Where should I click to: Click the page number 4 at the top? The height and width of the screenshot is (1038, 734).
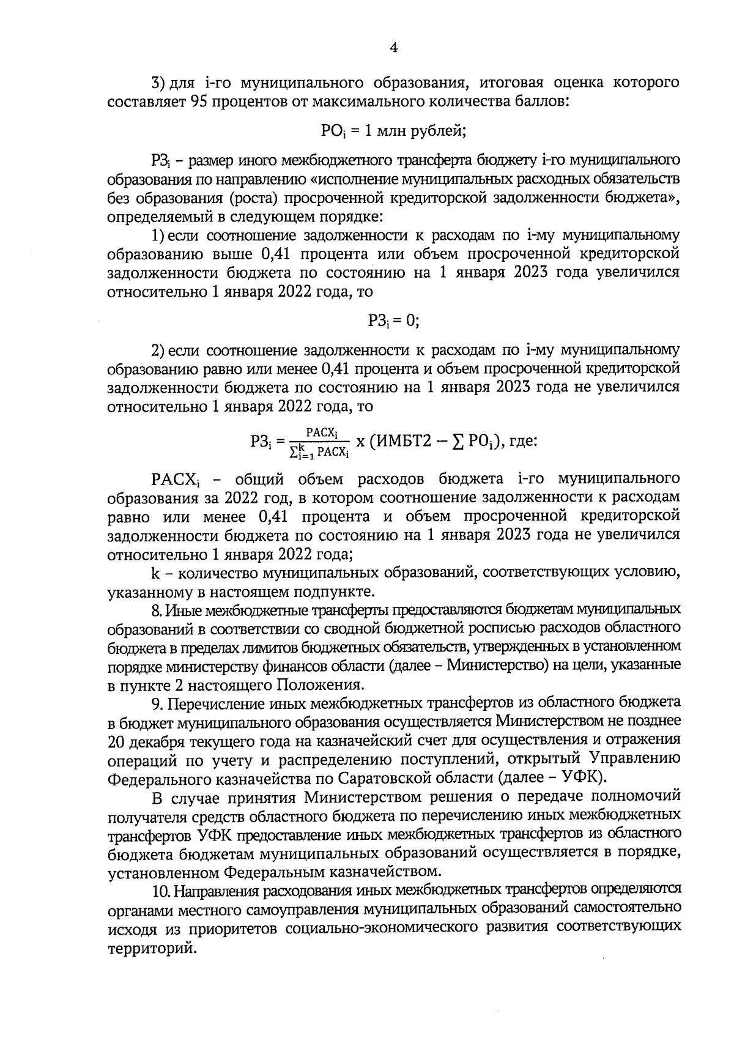[393, 48]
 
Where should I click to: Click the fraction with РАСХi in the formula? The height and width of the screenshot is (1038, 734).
[319, 442]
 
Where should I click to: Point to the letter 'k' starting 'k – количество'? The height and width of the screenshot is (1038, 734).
[155, 573]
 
